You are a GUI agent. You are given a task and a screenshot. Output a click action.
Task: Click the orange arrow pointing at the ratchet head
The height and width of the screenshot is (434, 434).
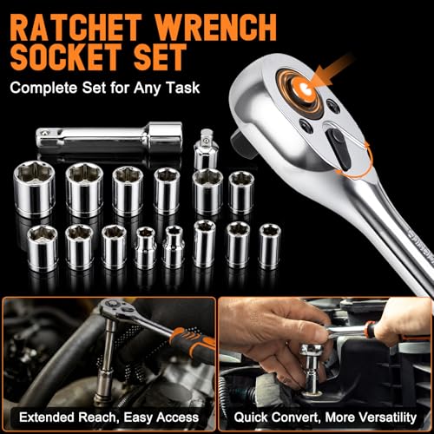[332, 70]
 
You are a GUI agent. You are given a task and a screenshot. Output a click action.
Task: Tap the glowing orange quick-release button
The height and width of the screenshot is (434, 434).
[303, 87]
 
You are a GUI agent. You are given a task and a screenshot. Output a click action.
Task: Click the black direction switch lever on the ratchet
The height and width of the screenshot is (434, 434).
[339, 148]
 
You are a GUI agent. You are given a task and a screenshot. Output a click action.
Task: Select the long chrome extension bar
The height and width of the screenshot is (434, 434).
[109, 138]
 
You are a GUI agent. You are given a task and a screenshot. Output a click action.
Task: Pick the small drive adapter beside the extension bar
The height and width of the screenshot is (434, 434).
[206, 149]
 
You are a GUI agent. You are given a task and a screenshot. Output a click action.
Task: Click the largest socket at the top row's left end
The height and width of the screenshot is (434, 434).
[35, 189]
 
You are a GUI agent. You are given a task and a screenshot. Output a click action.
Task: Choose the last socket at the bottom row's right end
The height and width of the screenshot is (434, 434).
[270, 247]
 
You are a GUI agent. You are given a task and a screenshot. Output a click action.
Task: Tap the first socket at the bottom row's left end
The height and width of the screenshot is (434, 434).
[43, 248]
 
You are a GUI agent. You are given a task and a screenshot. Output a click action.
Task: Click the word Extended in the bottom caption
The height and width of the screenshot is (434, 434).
[47, 418]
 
